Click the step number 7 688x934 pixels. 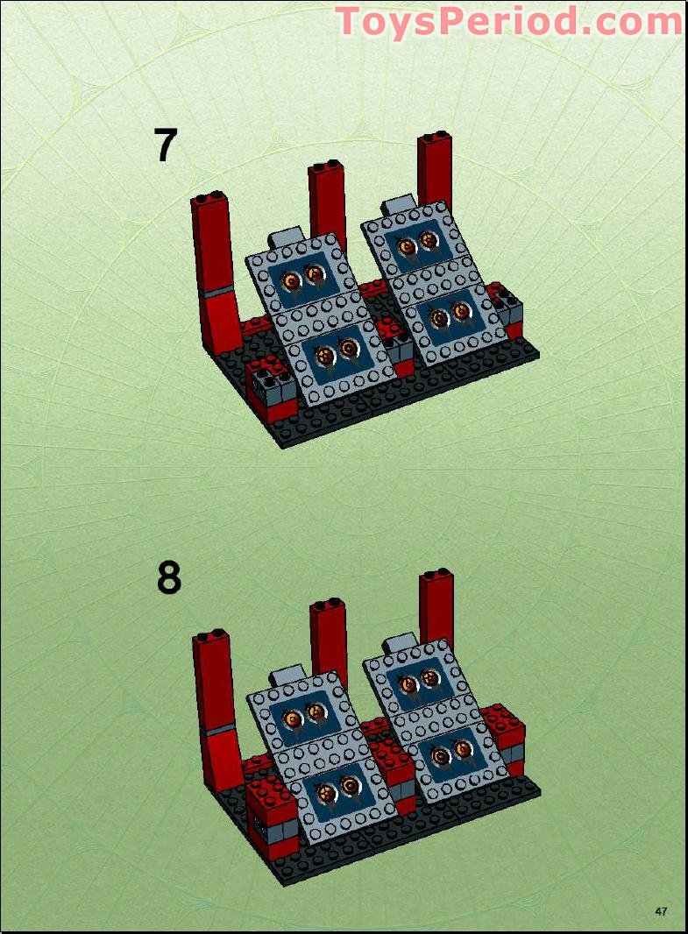(167, 145)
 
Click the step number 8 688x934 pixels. (169, 578)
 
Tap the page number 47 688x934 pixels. (661, 911)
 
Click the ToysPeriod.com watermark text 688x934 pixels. (508, 21)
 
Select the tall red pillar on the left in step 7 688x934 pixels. (215, 263)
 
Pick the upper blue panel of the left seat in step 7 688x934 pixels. (302, 279)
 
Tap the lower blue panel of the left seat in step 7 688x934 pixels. (337, 352)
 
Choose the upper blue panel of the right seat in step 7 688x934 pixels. (417, 243)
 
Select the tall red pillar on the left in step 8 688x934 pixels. (215, 697)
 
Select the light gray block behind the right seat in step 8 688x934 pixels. (399, 645)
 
